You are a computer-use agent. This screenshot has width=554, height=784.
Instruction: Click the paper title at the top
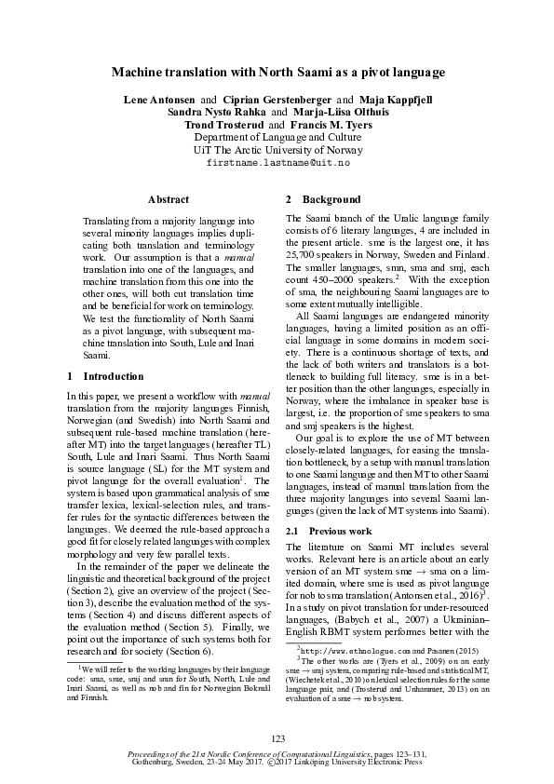[x=277, y=72]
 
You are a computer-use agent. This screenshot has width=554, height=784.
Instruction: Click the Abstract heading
[x=169, y=199]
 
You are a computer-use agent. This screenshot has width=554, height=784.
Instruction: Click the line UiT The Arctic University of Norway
[x=277, y=149]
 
